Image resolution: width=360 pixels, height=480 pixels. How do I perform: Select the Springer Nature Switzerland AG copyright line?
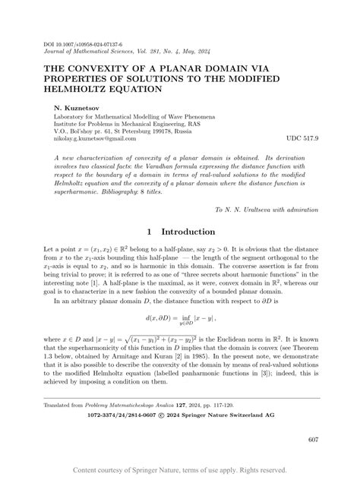click(x=180, y=415)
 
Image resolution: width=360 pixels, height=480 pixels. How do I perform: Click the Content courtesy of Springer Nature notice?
click(x=179, y=471)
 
